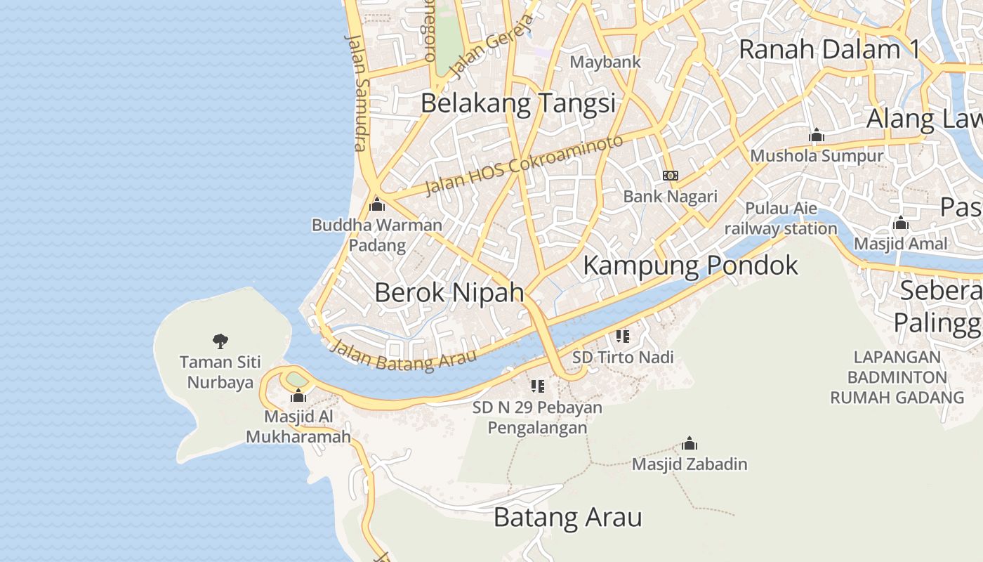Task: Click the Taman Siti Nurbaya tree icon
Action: click(220, 341)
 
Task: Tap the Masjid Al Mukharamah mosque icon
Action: click(298, 396)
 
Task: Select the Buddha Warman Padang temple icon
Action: click(377, 205)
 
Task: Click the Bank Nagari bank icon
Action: click(671, 176)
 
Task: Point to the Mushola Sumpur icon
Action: click(816, 135)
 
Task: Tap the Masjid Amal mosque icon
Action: click(900, 224)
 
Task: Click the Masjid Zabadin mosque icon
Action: click(690, 444)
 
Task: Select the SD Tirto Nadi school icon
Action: click(622, 336)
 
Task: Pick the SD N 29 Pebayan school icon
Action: click(538, 386)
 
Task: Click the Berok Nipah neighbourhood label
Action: click(449, 292)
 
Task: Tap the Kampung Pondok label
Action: click(690, 266)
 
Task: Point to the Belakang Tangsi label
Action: click(518, 103)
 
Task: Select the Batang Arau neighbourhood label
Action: click(567, 518)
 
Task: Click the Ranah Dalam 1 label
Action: click(829, 50)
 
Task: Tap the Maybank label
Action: click(605, 62)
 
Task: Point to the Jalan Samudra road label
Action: click(357, 91)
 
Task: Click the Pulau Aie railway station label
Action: click(781, 218)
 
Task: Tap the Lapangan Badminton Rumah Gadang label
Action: click(897, 377)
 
